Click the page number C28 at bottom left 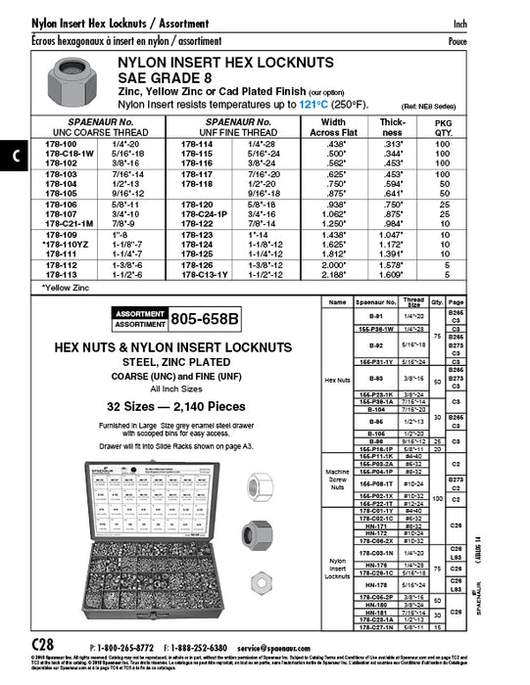[44, 648]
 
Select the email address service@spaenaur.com [283, 648]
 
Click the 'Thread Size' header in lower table [413, 302]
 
